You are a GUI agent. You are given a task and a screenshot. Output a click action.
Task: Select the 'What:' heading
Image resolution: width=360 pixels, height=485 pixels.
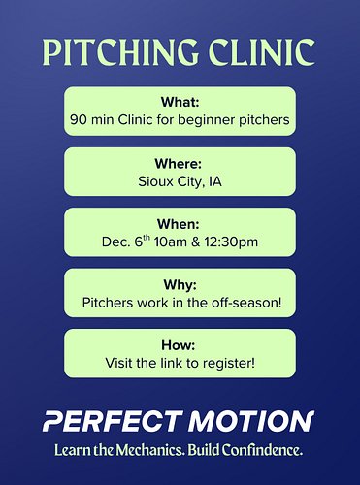tap(180, 101)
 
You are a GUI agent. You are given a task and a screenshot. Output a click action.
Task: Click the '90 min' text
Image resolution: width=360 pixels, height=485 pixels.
tap(95, 120)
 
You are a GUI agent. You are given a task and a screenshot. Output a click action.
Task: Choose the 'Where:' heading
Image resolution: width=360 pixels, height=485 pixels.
tap(180, 162)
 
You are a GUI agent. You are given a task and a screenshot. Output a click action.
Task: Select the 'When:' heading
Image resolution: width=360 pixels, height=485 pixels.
tap(180, 222)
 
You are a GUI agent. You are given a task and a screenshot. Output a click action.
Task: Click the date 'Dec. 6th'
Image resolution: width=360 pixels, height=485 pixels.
tap(126, 242)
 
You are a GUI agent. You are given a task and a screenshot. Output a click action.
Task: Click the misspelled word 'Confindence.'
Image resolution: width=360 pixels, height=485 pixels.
tap(263, 451)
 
